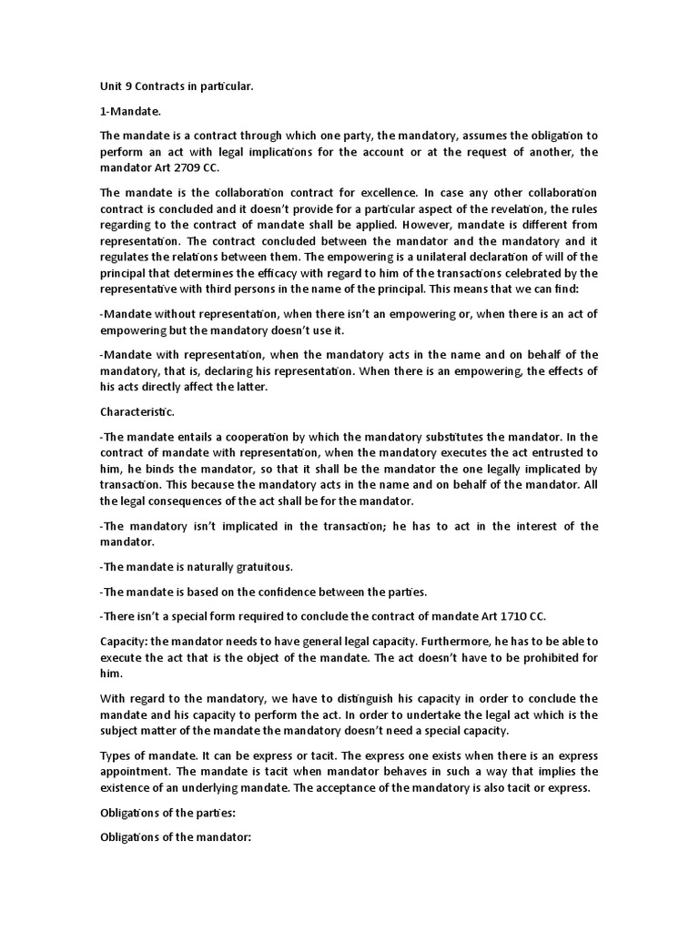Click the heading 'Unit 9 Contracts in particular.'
pyautogui.click(x=177, y=86)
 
